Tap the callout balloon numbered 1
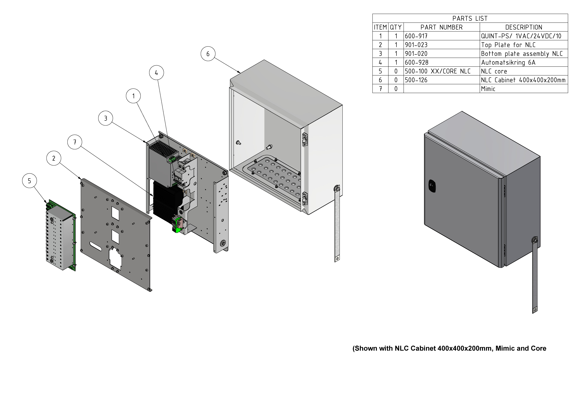tap(133, 96)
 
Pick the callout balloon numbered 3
tap(105, 118)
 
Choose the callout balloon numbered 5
tap(29, 181)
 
